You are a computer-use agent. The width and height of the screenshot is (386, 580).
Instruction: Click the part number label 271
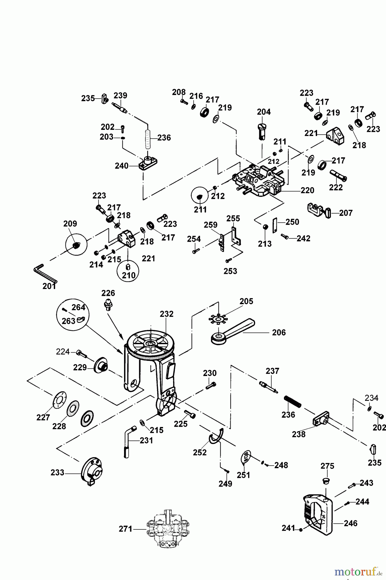tap(125, 529)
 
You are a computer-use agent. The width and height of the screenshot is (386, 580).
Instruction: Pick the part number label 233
tap(57, 473)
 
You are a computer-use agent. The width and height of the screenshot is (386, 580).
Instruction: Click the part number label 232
tap(167, 314)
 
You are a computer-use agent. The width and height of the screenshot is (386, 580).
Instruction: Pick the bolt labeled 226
tap(108, 304)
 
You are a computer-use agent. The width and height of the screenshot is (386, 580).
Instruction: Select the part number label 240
tap(122, 166)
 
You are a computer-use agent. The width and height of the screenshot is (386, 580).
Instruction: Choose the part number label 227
tap(43, 418)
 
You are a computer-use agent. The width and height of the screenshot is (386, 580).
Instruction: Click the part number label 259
tap(211, 225)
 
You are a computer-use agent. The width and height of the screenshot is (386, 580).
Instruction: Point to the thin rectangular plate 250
tap(275, 225)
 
